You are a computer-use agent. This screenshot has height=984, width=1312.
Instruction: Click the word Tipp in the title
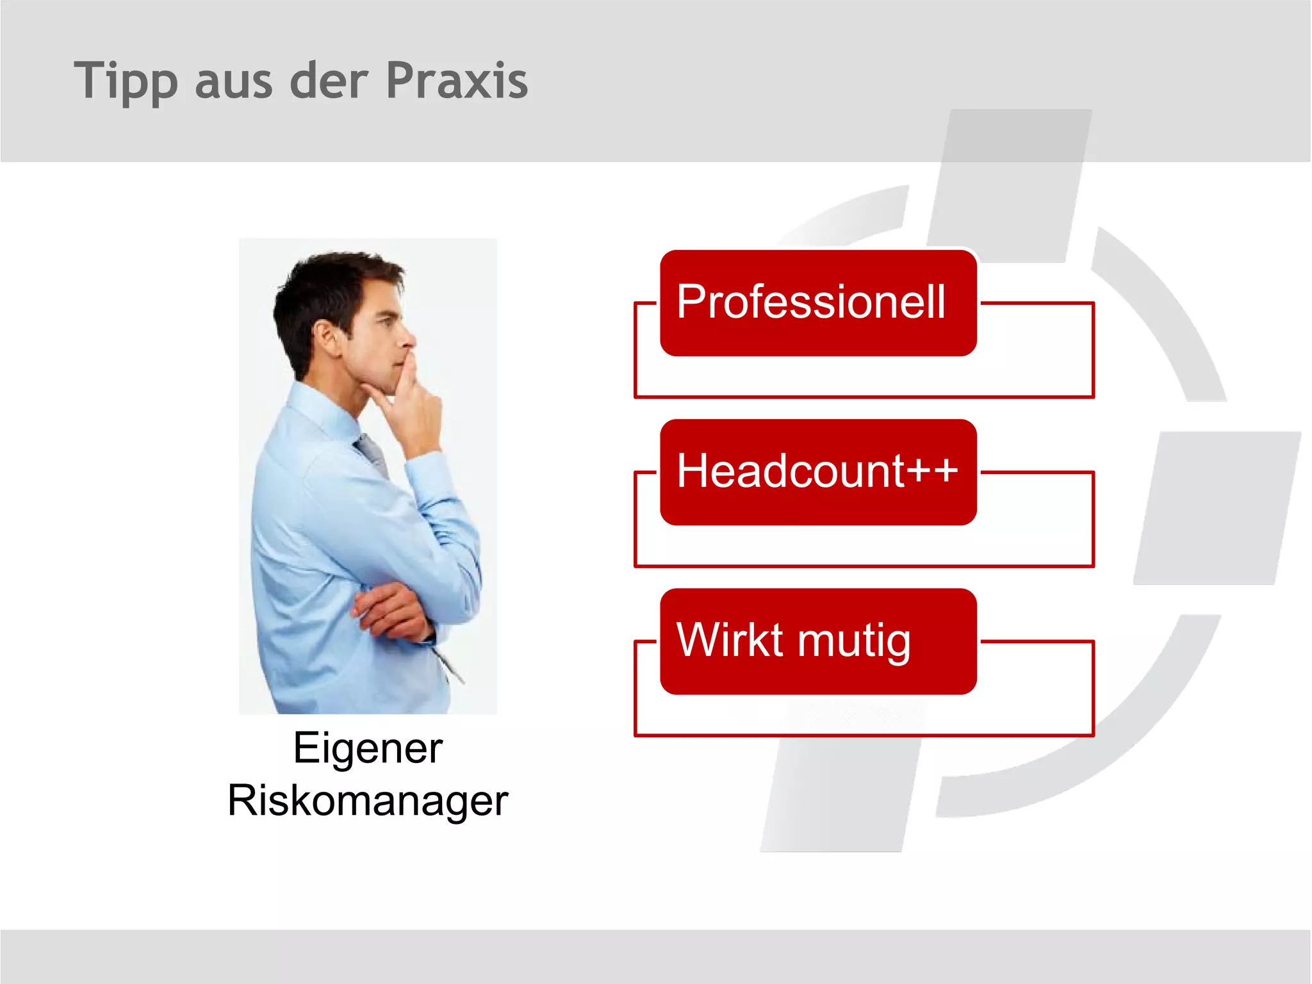pyautogui.click(x=125, y=81)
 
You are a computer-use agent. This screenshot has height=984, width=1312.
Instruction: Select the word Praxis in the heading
pyautogui.click(x=457, y=81)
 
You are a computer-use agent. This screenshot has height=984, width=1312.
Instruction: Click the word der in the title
pyautogui.click(x=329, y=81)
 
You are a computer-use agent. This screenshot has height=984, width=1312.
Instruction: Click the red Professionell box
pyautogui.click(x=817, y=302)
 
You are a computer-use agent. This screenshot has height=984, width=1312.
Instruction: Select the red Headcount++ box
pyautogui.click(x=817, y=472)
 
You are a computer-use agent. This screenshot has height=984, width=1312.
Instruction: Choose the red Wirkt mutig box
pyautogui.click(x=817, y=641)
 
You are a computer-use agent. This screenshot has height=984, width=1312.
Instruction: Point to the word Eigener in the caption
pyautogui.click(x=368, y=748)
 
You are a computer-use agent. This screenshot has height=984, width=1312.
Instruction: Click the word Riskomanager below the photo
pyautogui.click(x=368, y=801)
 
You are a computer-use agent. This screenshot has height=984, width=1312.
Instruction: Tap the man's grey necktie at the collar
pyautogui.click(x=372, y=448)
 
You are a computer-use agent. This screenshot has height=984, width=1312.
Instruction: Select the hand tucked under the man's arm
pyautogui.click(x=391, y=612)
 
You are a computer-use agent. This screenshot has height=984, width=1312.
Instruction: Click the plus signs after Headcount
pyautogui.click(x=932, y=471)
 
